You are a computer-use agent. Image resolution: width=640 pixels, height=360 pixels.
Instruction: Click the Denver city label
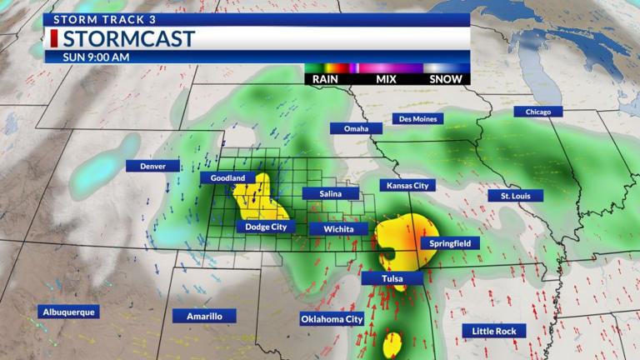pos(152,166)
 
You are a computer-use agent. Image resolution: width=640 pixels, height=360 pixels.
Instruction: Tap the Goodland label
pos(227,177)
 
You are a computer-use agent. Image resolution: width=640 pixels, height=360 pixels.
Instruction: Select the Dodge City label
pos(267,226)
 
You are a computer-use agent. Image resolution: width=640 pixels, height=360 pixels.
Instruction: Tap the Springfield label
pos(450,243)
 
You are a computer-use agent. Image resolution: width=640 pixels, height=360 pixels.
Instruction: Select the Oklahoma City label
pos(332,318)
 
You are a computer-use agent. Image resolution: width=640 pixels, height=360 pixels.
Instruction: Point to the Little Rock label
pos(494,331)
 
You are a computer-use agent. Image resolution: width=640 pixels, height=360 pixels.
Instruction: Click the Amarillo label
pos(204,316)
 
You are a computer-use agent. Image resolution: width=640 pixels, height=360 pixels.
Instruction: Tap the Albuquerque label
pos(68,312)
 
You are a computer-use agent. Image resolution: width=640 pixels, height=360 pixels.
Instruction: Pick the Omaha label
pos(356,128)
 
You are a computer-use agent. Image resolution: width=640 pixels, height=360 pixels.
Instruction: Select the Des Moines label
pos(417,118)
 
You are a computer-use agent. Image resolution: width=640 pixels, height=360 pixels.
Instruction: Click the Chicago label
pos(538,112)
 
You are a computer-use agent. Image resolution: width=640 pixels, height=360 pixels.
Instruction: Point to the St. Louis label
pos(516,196)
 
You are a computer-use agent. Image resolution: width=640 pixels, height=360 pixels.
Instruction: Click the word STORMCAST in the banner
pos(128,38)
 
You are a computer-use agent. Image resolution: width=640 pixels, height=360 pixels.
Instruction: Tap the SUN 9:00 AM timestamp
pos(96,57)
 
